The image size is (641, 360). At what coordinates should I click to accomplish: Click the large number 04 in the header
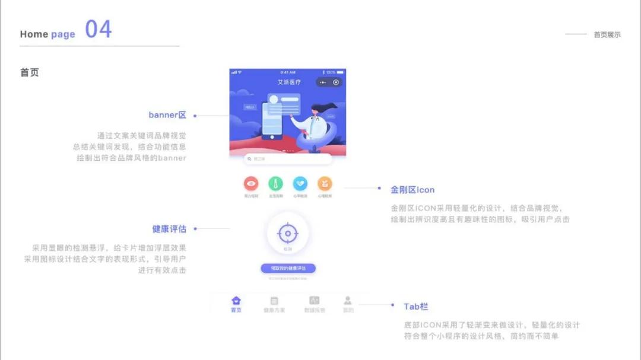tap(98, 29)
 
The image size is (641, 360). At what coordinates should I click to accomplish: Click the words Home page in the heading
tap(47, 34)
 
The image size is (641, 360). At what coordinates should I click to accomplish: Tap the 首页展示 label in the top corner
tap(607, 34)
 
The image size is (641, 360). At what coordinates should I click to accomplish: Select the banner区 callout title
tap(167, 115)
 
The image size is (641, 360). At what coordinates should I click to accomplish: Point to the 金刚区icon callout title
tap(412, 190)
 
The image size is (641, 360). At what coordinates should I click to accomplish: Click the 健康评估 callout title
tap(169, 229)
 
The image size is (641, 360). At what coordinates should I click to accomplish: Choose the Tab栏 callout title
tap(416, 307)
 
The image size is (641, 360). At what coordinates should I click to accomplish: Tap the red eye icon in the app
tap(251, 184)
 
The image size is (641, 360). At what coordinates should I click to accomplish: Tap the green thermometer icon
tap(275, 184)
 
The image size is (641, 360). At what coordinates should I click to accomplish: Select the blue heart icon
tap(300, 184)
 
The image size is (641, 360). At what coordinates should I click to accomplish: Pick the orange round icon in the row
tap(325, 184)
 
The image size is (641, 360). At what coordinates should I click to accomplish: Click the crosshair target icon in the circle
tap(288, 233)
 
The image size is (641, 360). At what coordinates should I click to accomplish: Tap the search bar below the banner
tap(288, 159)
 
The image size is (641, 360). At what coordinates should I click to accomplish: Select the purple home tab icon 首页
tap(236, 301)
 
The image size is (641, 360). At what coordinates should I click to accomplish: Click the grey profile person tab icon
tap(348, 301)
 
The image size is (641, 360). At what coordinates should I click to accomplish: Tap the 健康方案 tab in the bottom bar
tap(274, 304)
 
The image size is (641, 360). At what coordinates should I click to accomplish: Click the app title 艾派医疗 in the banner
tap(289, 82)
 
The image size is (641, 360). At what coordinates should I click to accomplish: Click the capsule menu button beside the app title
tap(329, 82)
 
